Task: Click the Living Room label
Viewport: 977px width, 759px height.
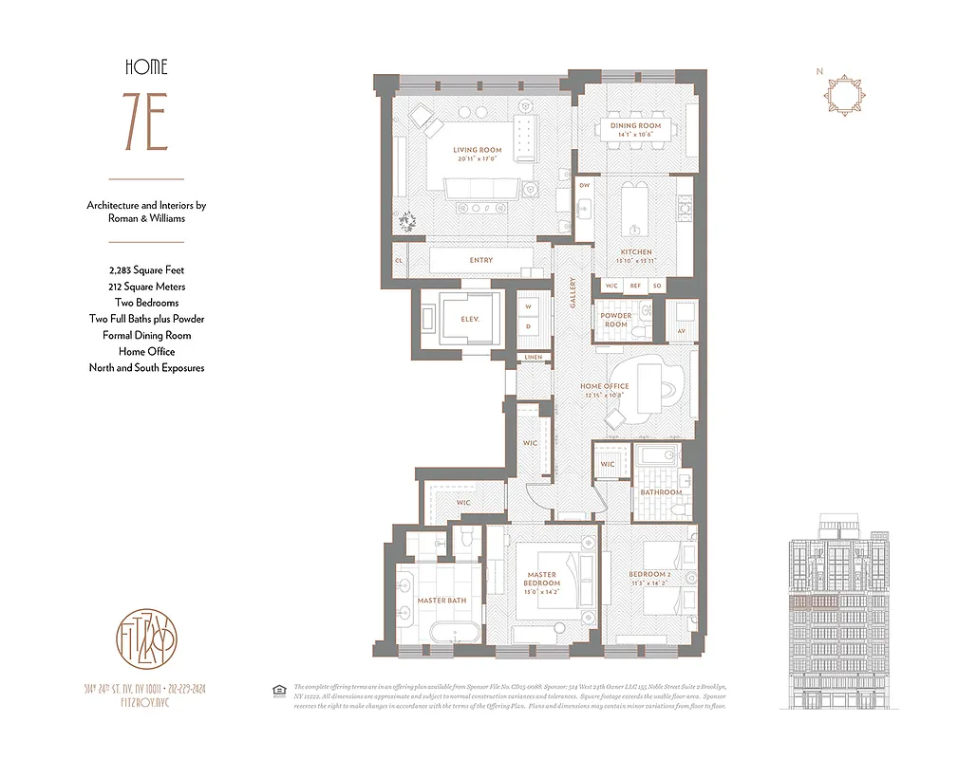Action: click(477, 150)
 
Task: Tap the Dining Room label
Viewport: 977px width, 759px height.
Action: click(635, 125)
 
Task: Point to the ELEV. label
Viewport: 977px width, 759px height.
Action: click(469, 320)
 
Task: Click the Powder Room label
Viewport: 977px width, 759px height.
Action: click(615, 320)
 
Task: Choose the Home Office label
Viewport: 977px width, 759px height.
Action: click(605, 386)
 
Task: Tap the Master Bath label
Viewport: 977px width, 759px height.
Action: click(442, 601)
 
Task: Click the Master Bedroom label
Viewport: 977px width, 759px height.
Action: click(543, 578)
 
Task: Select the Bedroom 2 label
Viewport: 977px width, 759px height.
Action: click(649, 575)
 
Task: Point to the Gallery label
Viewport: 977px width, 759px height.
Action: click(573, 291)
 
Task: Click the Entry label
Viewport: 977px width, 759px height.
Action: click(480, 260)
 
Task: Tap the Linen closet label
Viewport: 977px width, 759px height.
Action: click(532, 357)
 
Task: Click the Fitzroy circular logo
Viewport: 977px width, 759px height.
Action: click(146, 634)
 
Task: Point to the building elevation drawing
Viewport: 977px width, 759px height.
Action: click(843, 612)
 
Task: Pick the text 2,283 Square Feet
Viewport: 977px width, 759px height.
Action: click(146, 270)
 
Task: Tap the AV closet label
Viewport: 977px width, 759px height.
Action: click(681, 331)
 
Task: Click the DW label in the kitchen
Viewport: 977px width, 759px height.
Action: click(585, 186)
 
